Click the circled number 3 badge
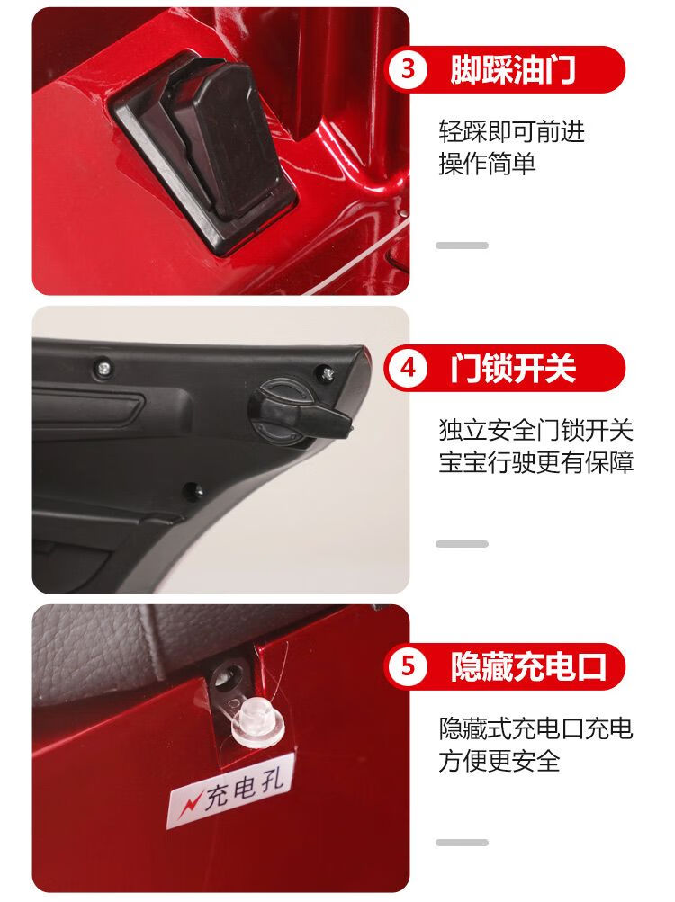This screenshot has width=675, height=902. (x=408, y=69)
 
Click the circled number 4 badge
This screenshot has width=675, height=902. (x=408, y=368)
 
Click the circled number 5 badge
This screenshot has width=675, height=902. (x=408, y=666)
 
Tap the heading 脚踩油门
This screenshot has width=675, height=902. (x=513, y=69)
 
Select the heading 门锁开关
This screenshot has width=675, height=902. (x=513, y=368)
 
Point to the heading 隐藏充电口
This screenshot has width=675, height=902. (x=528, y=666)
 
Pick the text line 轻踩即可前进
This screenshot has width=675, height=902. (x=511, y=131)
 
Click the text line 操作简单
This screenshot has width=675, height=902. (x=487, y=164)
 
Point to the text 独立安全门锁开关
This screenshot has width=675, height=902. (x=536, y=430)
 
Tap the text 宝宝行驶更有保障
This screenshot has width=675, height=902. (x=536, y=462)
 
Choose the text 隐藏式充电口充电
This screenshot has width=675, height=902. (x=536, y=728)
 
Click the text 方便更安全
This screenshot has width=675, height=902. (x=499, y=761)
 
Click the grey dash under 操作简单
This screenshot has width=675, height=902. (x=462, y=245)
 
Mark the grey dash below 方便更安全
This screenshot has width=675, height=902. (x=462, y=842)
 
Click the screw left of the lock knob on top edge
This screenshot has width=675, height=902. (x=104, y=366)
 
